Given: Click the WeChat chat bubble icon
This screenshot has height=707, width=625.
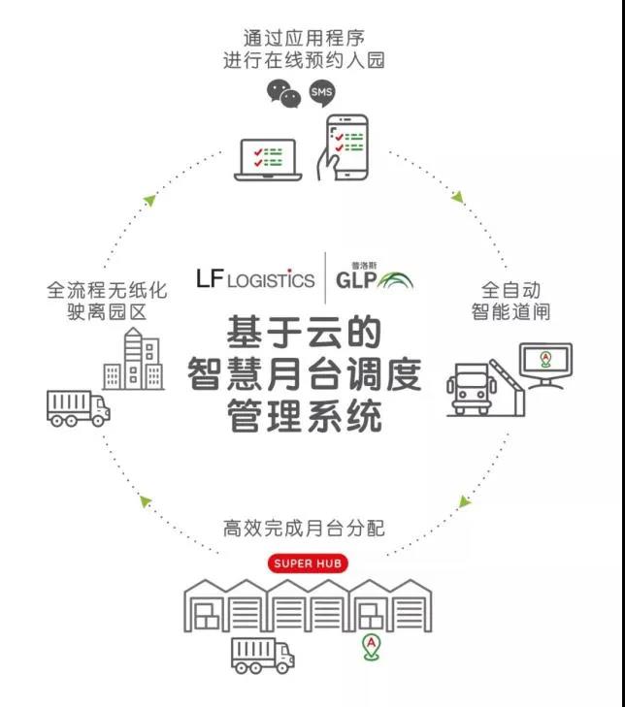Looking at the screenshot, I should coord(283,93).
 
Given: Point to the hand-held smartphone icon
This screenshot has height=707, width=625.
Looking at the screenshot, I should coord(345,148).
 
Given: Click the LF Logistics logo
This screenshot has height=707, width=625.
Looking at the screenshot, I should coord(255,279).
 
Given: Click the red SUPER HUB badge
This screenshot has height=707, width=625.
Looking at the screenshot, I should coord(307,563).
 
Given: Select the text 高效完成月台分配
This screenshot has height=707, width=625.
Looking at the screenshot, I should coord(304,529).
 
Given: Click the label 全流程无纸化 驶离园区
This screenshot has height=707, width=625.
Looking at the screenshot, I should coord(107,301).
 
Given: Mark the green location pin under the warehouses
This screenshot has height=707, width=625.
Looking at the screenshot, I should coord(370,647).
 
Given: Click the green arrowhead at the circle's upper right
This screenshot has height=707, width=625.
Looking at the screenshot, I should coord(458,198).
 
